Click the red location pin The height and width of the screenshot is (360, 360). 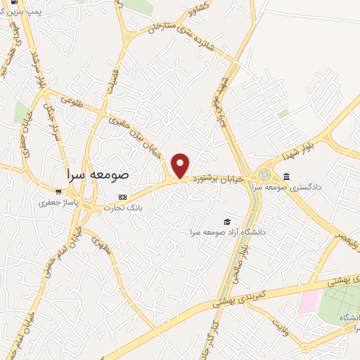coord(181,165)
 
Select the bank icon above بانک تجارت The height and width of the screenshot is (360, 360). coord(122,197)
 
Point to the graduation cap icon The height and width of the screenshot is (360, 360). coord(226,221)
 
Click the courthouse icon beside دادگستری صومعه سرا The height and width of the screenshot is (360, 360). coord(287,176)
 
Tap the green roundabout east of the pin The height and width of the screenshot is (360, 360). coord(265,174)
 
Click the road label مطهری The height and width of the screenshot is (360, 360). coord(103,246)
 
